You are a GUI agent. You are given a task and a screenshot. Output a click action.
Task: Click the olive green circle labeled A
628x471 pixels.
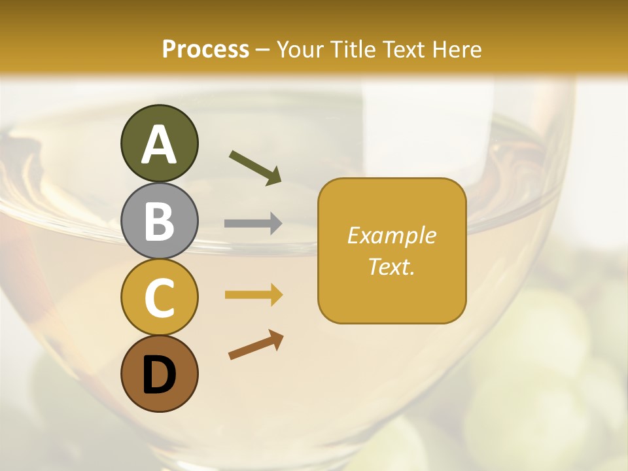tap(159, 144)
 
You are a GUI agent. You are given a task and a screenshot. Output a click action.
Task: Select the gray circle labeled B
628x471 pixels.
tap(159, 220)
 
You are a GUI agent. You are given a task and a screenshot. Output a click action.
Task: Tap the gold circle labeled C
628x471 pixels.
tap(159, 297)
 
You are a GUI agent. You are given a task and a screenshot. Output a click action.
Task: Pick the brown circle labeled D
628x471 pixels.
tap(159, 374)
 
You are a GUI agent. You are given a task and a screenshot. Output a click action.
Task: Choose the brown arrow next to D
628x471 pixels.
tap(256, 345)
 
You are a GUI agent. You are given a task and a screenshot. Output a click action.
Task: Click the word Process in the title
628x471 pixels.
tap(205, 49)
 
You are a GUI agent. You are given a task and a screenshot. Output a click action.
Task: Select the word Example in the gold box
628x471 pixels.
tap(391, 235)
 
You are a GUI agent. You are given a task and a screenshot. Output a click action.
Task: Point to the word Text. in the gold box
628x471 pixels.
tap(391, 266)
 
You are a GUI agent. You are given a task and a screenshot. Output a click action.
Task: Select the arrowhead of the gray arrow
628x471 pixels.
tap(277, 224)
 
